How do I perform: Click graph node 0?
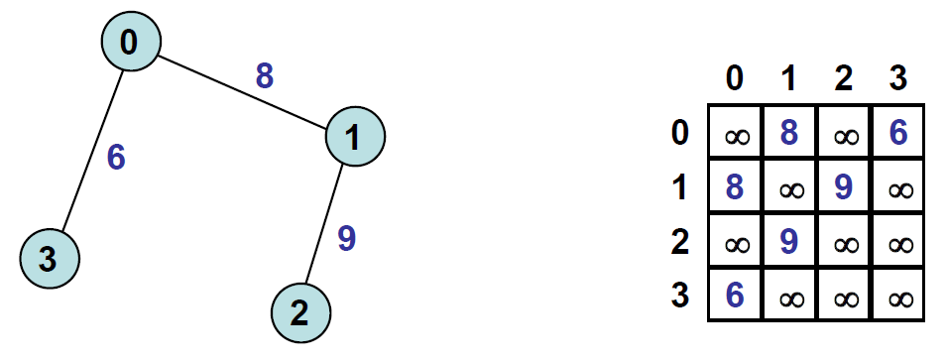click(x=131, y=42)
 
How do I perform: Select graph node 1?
click(x=355, y=136)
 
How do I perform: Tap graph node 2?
click(x=300, y=313)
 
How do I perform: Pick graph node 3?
click(x=50, y=259)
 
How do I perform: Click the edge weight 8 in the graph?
click(x=264, y=76)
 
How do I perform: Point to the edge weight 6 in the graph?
click(x=116, y=158)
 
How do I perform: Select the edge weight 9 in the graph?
click(x=346, y=238)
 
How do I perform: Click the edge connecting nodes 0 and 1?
click(x=243, y=93)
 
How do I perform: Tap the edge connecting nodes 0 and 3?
click(x=92, y=151)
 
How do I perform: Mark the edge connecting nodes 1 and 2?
click(x=324, y=224)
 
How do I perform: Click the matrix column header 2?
click(x=844, y=78)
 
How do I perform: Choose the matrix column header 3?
click(x=897, y=78)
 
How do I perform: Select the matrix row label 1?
click(x=679, y=186)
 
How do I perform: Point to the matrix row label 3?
click(x=679, y=296)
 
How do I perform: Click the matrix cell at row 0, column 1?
click(x=789, y=132)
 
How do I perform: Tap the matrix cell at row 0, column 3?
click(x=898, y=132)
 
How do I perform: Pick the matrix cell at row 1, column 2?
click(x=844, y=186)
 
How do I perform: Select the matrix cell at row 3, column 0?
click(x=736, y=295)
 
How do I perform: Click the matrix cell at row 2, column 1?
click(x=789, y=241)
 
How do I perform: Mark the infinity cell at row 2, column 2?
click(x=844, y=241)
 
